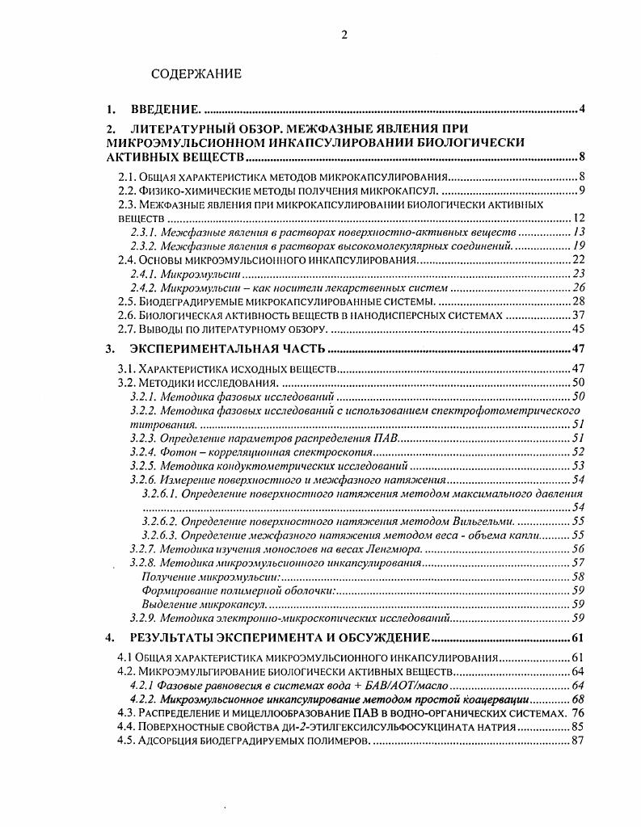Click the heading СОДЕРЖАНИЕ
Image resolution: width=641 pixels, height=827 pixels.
(x=196, y=74)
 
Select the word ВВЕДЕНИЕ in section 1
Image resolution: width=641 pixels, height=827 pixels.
(x=165, y=109)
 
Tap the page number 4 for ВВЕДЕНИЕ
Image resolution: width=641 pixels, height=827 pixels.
(x=581, y=109)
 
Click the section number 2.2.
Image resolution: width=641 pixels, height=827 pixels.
(x=130, y=191)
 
